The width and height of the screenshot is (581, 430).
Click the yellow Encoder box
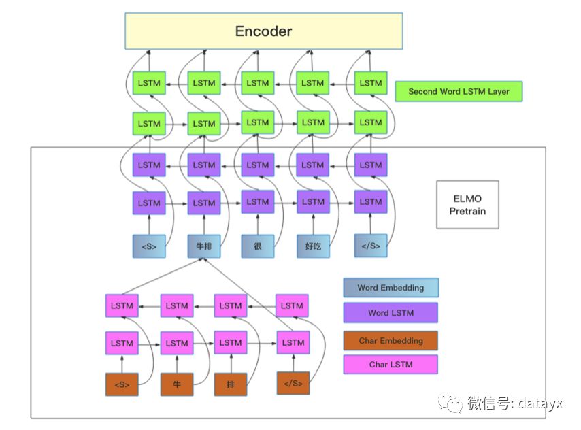tap(263, 31)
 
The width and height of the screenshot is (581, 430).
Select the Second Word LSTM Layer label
tap(459, 91)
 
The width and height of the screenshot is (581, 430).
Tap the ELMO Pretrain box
tap(467, 204)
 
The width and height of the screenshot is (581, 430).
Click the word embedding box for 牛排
tap(203, 246)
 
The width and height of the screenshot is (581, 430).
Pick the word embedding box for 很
tap(258, 246)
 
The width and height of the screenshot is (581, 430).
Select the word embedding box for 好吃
tap(313, 246)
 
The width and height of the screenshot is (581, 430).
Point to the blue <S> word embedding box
tap(149, 246)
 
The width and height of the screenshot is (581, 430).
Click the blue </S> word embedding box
tap(371, 246)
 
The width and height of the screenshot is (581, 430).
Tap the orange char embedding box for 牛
tap(177, 384)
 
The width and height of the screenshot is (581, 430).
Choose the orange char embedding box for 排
tap(231, 384)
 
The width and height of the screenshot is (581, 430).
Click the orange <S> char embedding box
tap(122, 384)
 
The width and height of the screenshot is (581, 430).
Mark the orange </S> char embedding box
tap(293, 383)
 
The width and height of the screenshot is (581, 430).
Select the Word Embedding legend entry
tap(391, 288)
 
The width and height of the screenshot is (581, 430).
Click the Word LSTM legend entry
tap(391, 312)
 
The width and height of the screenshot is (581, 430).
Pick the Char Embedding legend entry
tap(391, 340)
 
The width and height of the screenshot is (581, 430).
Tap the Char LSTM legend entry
tap(391, 365)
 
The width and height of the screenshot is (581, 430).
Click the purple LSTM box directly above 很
tap(258, 202)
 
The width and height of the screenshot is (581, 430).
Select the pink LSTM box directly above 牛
tap(177, 343)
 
